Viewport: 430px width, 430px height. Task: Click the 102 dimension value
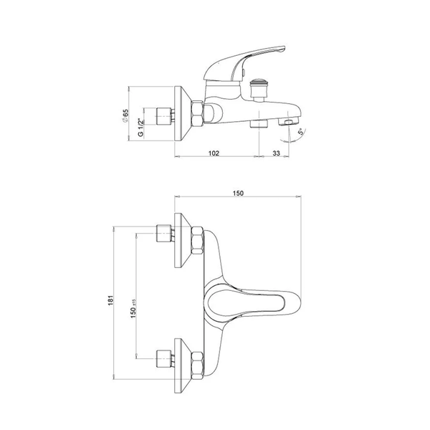click(x=214, y=153)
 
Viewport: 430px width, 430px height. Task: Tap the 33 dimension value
click(x=276, y=153)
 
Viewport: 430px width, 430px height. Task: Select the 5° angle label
click(x=302, y=131)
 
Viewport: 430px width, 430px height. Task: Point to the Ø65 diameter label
click(x=125, y=115)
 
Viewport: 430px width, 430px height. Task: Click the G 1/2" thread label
click(x=141, y=128)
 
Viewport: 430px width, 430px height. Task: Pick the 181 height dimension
click(x=110, y=300)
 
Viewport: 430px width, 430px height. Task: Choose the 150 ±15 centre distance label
click(x=133, y=308)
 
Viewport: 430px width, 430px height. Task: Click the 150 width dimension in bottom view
click(x=238, y=193)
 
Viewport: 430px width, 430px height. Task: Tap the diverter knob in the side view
click(x=258, y=90)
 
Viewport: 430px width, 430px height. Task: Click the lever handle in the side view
click(x=244, y=64)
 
